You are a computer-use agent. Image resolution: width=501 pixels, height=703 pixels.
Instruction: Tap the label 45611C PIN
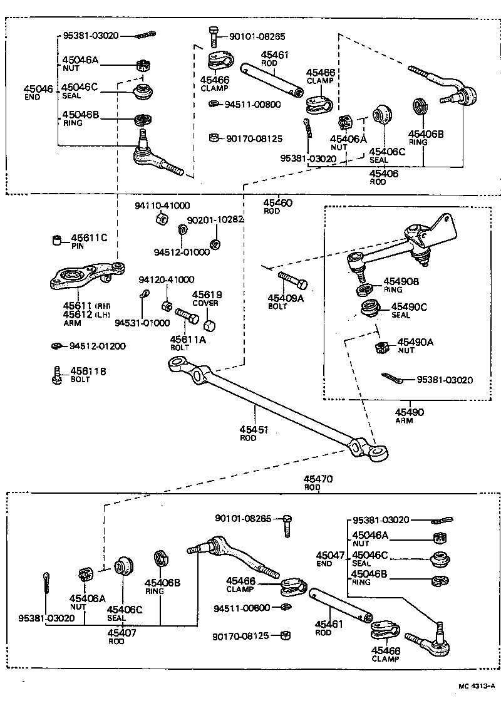(x=88, y=242)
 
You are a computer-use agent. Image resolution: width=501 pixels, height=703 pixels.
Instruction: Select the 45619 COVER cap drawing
(x=210, y=326)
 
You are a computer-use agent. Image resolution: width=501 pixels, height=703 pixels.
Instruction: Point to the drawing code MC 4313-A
(x=476, y=685)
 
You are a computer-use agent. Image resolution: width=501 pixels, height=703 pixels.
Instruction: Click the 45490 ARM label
(x=410, y=416)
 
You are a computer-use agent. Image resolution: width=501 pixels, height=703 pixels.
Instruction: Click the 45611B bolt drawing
(x=56, y=375)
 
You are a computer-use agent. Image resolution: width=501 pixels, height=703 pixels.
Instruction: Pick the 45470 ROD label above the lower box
(x=319, y=482)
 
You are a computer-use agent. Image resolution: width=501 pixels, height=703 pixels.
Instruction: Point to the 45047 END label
(x=330, y=559)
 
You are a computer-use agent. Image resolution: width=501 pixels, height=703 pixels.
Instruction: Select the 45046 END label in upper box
(x=38, y=93)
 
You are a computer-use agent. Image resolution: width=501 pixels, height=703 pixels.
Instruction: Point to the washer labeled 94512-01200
(x=56, y=345)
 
